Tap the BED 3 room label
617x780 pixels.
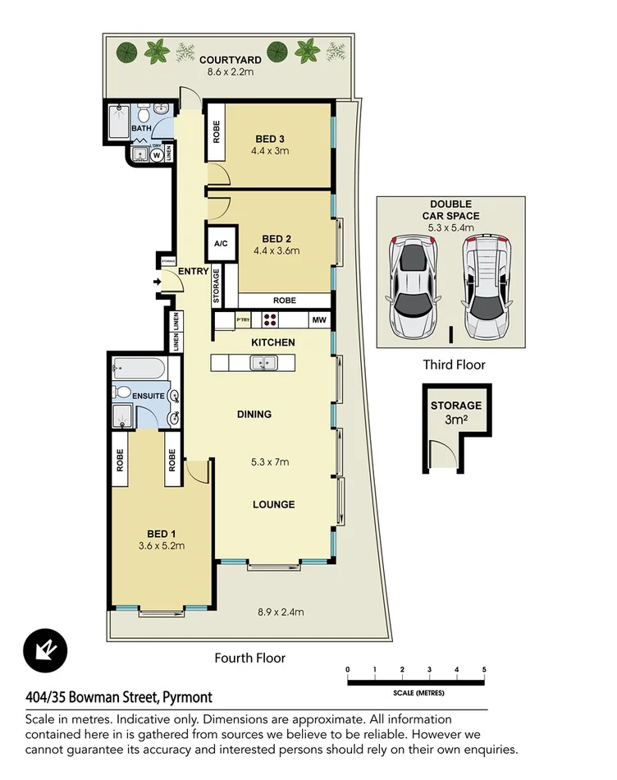(269, 138)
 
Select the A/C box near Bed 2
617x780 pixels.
(220, 244)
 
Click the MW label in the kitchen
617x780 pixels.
(318, 320)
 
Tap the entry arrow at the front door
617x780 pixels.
(157, 283)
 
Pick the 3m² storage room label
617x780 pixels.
(455, 411)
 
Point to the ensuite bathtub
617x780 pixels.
(139, 367)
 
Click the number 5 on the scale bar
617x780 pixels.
(484, 670)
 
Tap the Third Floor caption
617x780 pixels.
(454, 365)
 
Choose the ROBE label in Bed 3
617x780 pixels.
(217, 132)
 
